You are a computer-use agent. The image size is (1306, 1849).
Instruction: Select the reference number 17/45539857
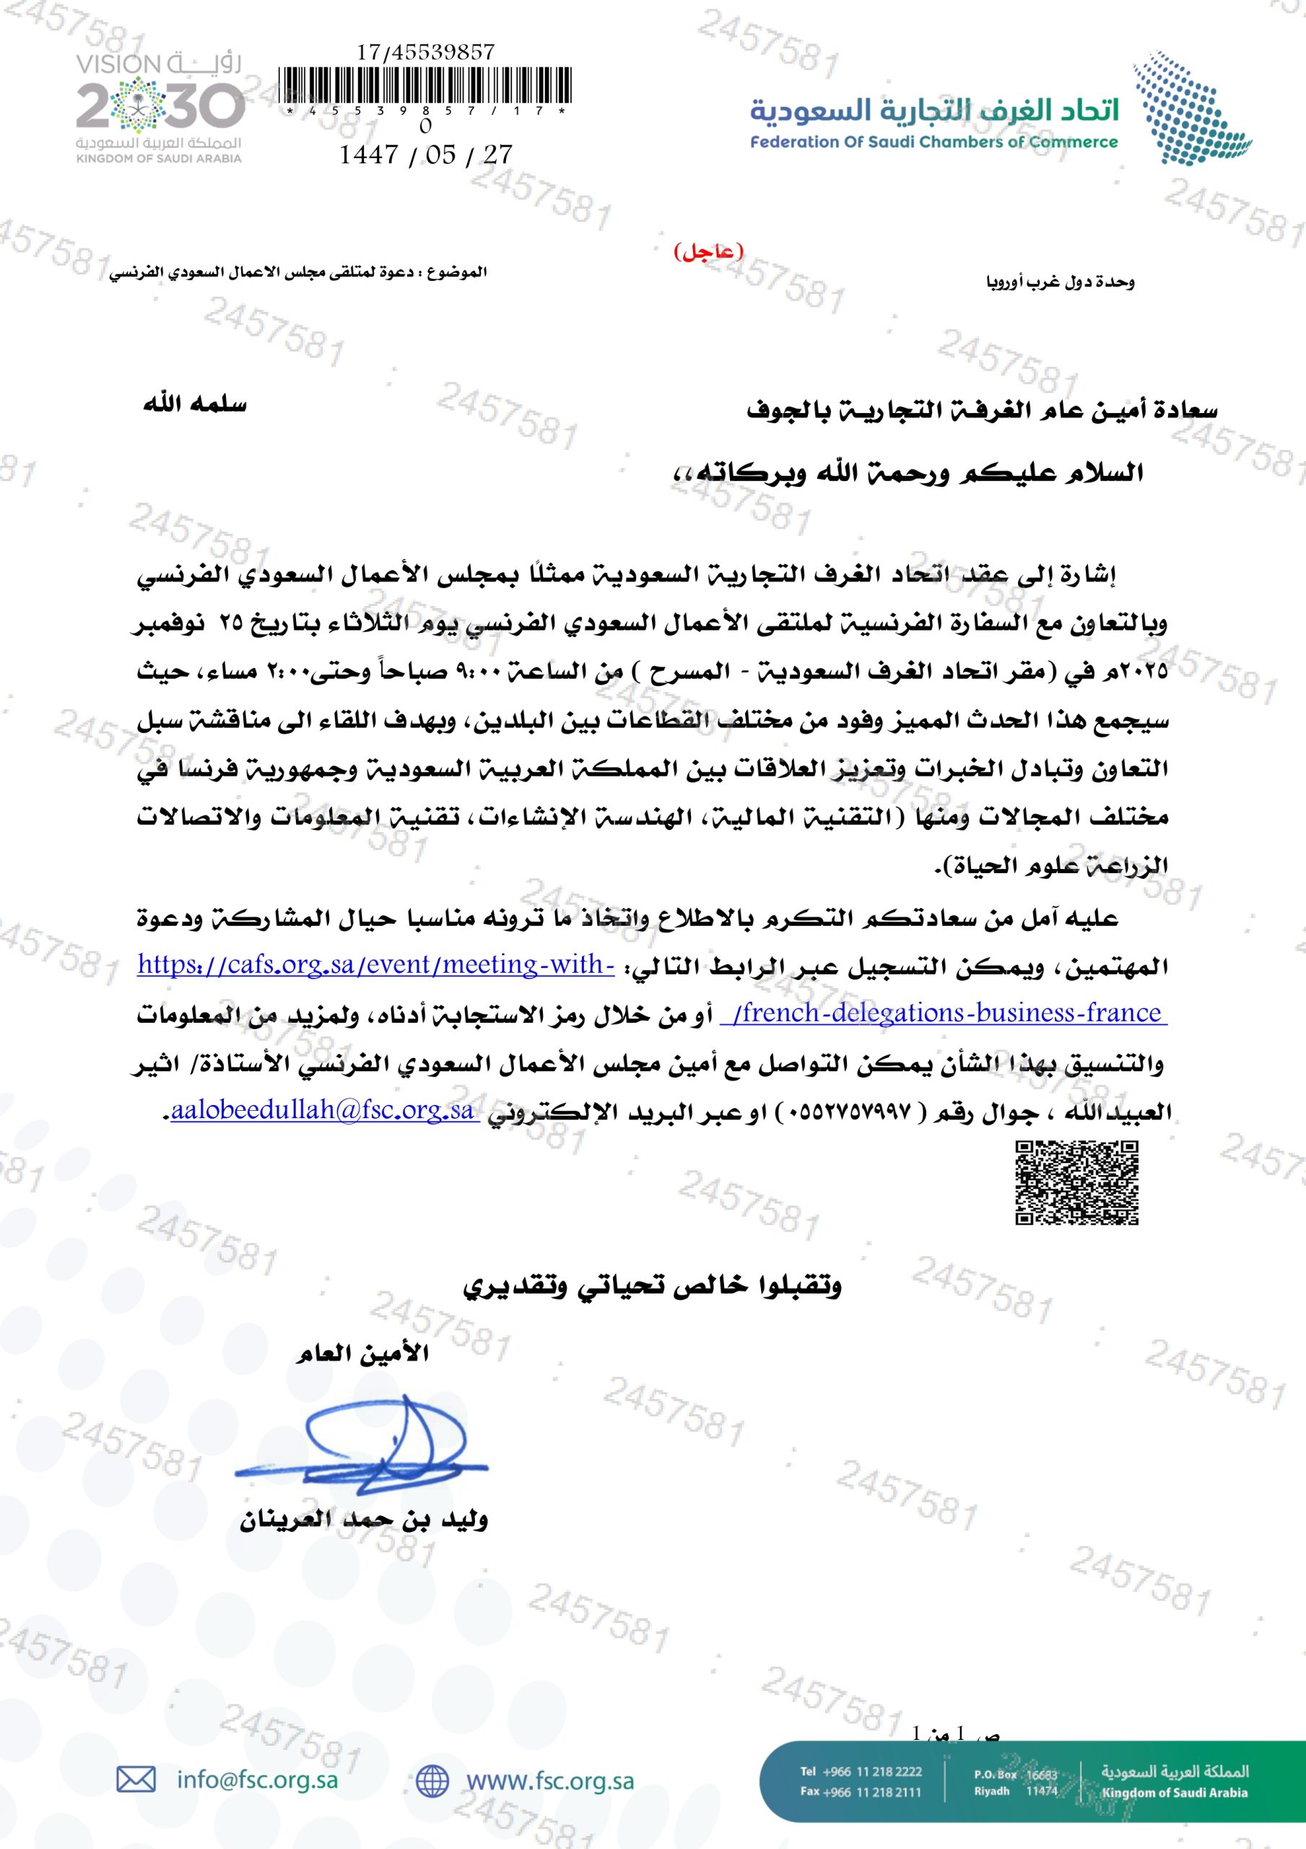pos(425,52)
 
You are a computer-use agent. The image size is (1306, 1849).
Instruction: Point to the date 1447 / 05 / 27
pos(425,155)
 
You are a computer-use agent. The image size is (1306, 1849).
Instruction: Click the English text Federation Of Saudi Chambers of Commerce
pos(934,142)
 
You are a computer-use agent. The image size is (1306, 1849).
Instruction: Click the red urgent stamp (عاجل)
pos(708,252)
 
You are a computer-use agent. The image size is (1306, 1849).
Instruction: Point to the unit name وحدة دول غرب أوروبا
pos(1061,282)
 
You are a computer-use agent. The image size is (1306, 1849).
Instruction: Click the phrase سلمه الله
pos(195,404)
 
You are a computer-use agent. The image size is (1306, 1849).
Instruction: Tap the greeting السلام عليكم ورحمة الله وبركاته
pos(907,472)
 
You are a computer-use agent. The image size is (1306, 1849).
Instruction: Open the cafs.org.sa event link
pos(376,965)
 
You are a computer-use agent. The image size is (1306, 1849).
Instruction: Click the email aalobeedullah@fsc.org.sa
pos(322,1111)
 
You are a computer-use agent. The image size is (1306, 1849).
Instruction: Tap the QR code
pos(1076,1183)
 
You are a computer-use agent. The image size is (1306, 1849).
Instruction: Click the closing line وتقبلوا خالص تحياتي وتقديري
pos(652,1286)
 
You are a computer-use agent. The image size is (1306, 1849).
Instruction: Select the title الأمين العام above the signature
pos(362,1354)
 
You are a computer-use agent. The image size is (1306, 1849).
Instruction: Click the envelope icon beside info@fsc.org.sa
pos(136,1780)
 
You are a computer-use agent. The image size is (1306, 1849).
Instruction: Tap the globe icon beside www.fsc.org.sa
pos(432,1780)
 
